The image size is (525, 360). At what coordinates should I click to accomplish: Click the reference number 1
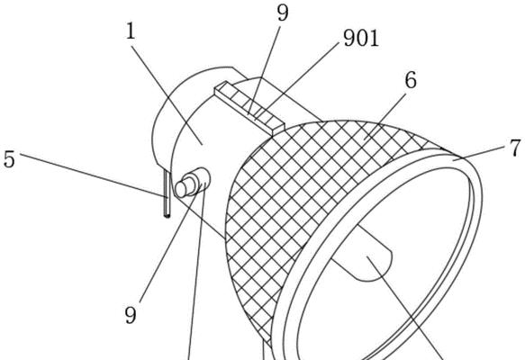131,31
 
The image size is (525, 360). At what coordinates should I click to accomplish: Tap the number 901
361,38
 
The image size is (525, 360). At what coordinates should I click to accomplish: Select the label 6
411,80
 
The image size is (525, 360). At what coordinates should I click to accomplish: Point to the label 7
516,148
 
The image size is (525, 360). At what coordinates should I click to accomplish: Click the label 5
9,159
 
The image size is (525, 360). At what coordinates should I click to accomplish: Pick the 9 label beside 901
283,13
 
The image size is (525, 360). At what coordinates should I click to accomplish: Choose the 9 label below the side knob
131,315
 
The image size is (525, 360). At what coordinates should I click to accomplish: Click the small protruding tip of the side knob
181,189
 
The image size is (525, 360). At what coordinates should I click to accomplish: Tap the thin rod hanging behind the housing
167,193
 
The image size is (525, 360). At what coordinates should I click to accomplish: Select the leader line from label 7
481,153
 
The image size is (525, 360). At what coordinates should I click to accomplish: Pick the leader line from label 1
167,94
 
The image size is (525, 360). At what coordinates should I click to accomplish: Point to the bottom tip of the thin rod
167,217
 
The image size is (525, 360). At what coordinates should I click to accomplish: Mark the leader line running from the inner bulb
406,309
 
